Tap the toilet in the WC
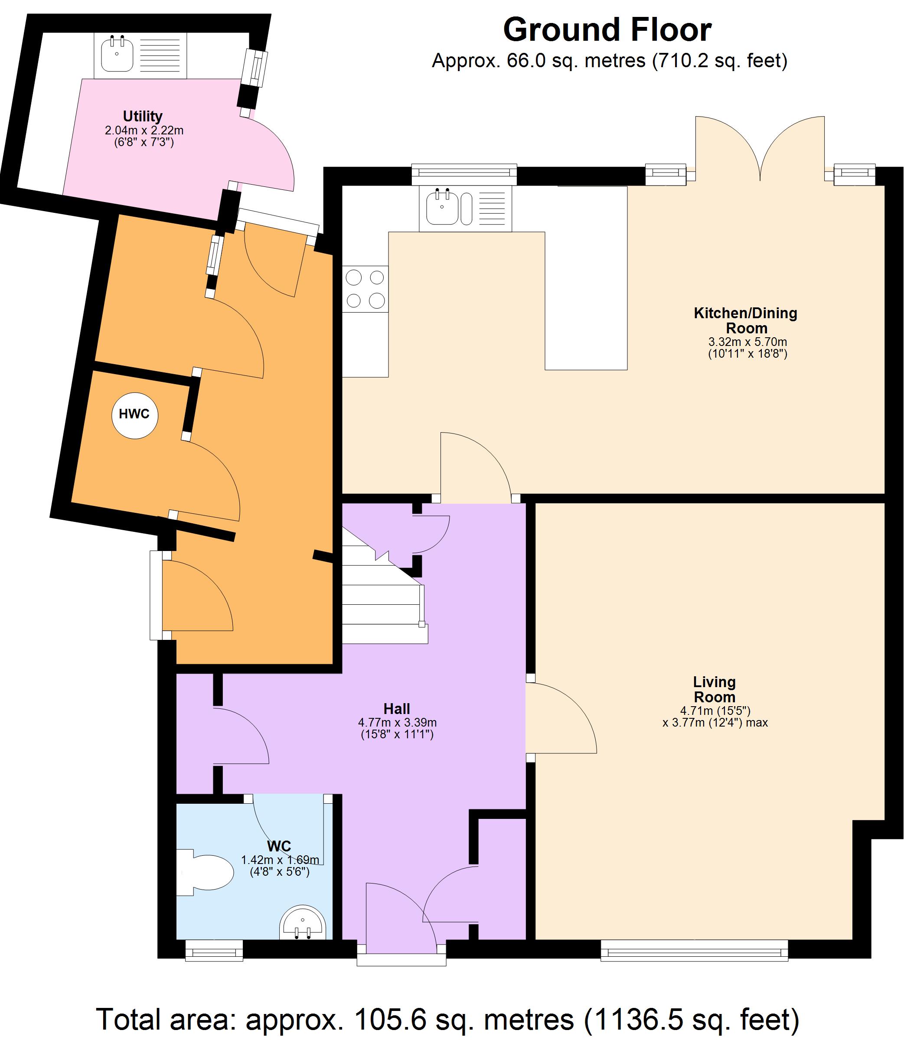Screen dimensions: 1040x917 (206, 872)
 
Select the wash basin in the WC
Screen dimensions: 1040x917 (303, 923)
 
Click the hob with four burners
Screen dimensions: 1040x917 (365, 289)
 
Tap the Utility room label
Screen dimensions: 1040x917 (143, 116)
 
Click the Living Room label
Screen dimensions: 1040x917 (714, 689)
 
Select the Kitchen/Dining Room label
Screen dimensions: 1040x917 (745, 320)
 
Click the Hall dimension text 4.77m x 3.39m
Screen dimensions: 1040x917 (397, 723)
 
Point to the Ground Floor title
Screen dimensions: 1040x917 (607, 30)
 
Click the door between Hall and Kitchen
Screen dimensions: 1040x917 (475, 468)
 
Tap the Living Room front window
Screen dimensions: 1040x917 (694, 950)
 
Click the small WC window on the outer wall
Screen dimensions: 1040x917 (214, 950)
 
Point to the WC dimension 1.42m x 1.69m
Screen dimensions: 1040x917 (280, 860)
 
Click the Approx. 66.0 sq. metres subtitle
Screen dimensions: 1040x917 (609, 61)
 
